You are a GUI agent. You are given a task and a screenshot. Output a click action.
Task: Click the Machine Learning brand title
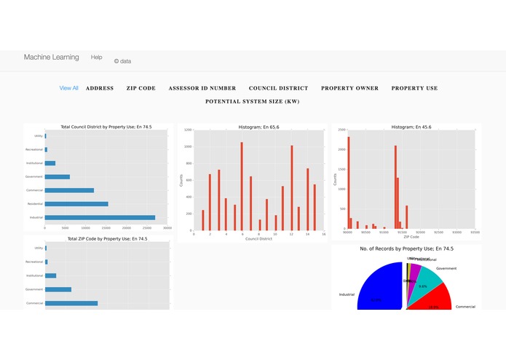(x=51, y=58)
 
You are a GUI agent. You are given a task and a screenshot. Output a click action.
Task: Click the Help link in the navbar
(x=96, y=57)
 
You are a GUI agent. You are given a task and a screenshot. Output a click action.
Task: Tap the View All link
(x=69, y=88)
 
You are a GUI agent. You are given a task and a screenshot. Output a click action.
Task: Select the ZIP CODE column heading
(x=141, y=88)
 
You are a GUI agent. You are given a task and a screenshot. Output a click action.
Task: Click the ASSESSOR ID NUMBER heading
(x=202, y=88)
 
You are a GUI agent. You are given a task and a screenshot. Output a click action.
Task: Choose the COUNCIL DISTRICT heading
(x=278, y=88)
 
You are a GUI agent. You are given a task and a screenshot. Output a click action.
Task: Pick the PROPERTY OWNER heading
(x=349, y=88)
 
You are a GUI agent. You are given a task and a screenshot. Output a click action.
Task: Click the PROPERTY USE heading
(x=414, y=88)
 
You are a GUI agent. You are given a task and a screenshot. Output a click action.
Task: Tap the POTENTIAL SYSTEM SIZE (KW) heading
(x=252, y=102)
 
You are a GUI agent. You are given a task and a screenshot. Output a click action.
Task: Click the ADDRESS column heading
(x=100, y=88)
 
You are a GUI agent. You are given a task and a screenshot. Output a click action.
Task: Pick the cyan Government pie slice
(x=426, y=281)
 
